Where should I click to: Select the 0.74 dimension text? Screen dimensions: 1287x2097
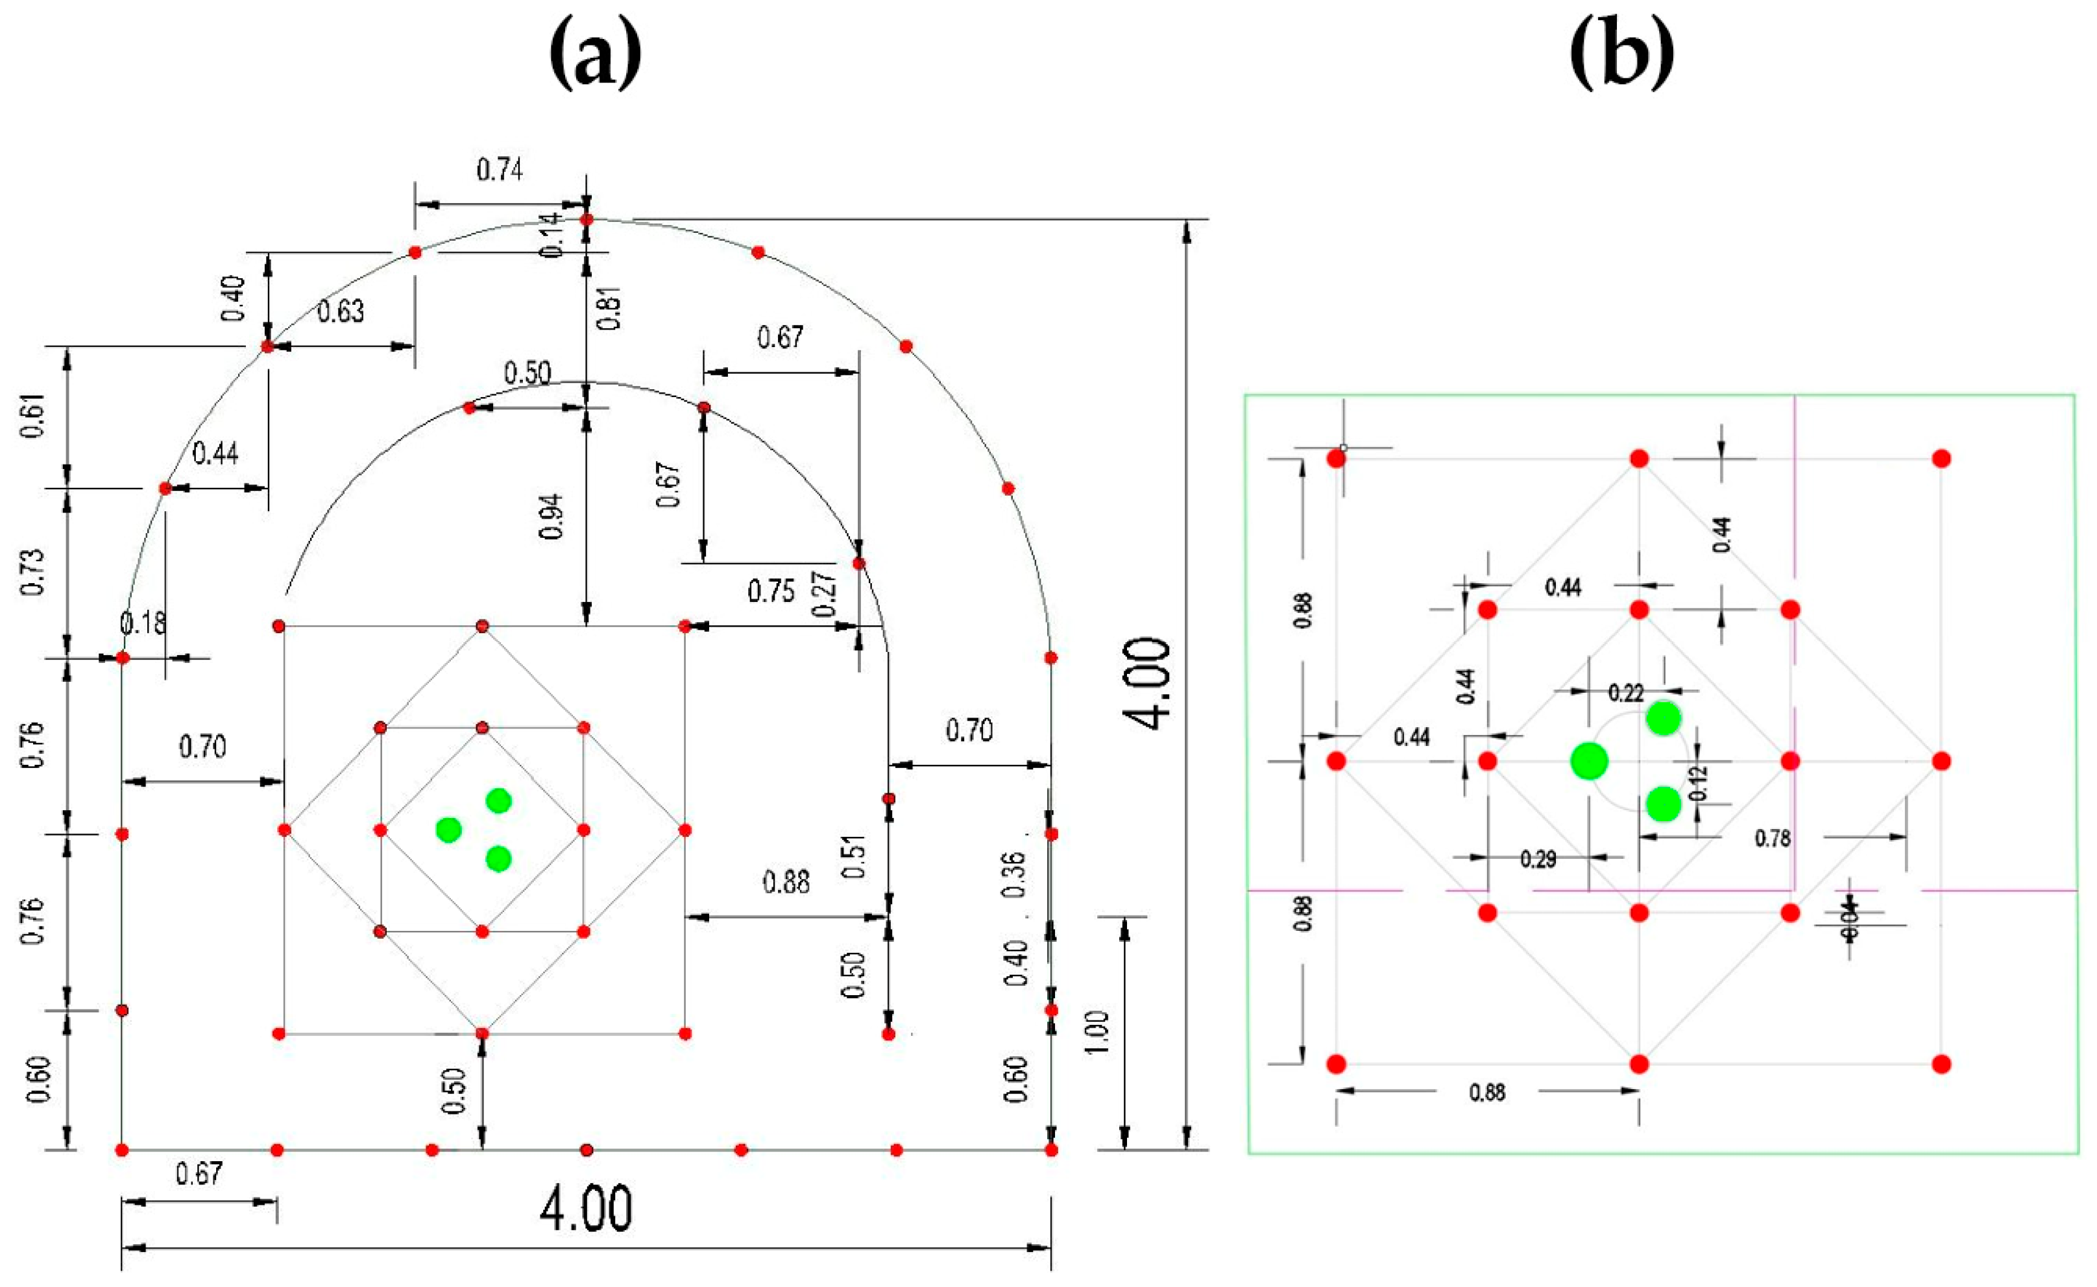(500, 170)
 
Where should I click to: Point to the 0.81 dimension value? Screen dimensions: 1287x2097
(610, 308)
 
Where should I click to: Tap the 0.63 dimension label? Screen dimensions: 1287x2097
(341, 311)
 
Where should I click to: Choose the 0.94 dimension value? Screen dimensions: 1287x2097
(552, 516)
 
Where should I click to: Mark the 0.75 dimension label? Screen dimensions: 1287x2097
(771, 592)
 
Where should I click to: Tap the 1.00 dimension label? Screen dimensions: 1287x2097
(1099, 1031)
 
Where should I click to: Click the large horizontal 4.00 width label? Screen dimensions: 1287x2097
(586, 1209)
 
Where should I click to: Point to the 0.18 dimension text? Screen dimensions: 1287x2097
(143, 624)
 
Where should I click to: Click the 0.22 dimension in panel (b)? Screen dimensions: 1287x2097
(1625, 693)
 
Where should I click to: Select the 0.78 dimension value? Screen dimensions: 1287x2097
(1773, 839)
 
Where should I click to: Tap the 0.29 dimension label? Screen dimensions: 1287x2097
(1538, 860)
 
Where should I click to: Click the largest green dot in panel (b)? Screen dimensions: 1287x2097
(1589, 761)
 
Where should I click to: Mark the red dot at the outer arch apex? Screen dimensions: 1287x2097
(587, 220)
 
